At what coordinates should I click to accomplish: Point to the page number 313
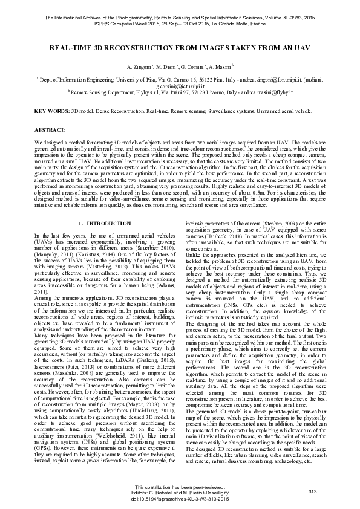tap(313, 493)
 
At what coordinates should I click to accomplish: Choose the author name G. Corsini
tap(194, 65)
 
